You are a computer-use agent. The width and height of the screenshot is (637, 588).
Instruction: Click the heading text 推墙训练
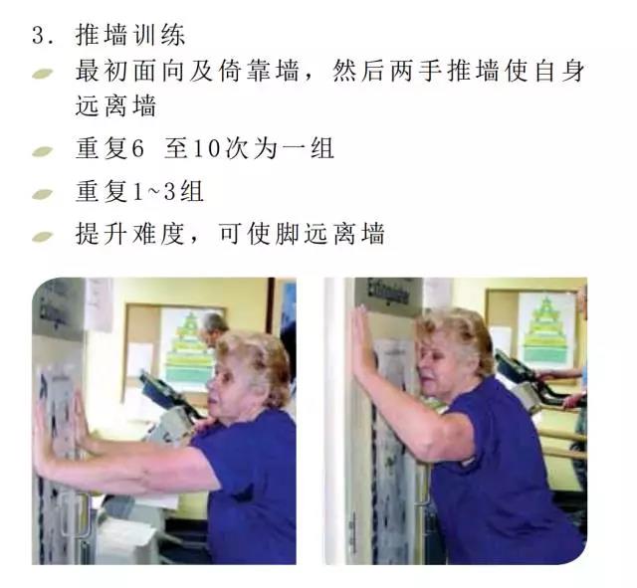pyautogui.click(x=130, y=35)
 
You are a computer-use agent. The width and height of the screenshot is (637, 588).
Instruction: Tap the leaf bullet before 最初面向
pyautogui.click(x=43, y=74)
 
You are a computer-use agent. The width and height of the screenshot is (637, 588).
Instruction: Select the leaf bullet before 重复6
pyautogui.click(x=43, y=151)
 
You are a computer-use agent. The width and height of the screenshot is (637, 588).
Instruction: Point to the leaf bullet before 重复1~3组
pyautogui.click(x=43, y=194)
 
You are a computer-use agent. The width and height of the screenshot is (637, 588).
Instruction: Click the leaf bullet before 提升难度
pyautogui.click(x=43, y=237)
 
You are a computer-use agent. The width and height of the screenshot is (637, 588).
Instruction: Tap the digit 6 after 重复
pyautogui.click(x=138, y=148)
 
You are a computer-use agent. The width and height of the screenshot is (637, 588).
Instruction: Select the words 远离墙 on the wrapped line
pyautogui.click(x=115, y=105)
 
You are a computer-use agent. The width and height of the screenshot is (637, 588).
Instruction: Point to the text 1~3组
pyautogui.click(x=168, y=191)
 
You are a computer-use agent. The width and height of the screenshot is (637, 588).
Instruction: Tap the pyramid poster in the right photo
pyautogui.click(x=546, y=329)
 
